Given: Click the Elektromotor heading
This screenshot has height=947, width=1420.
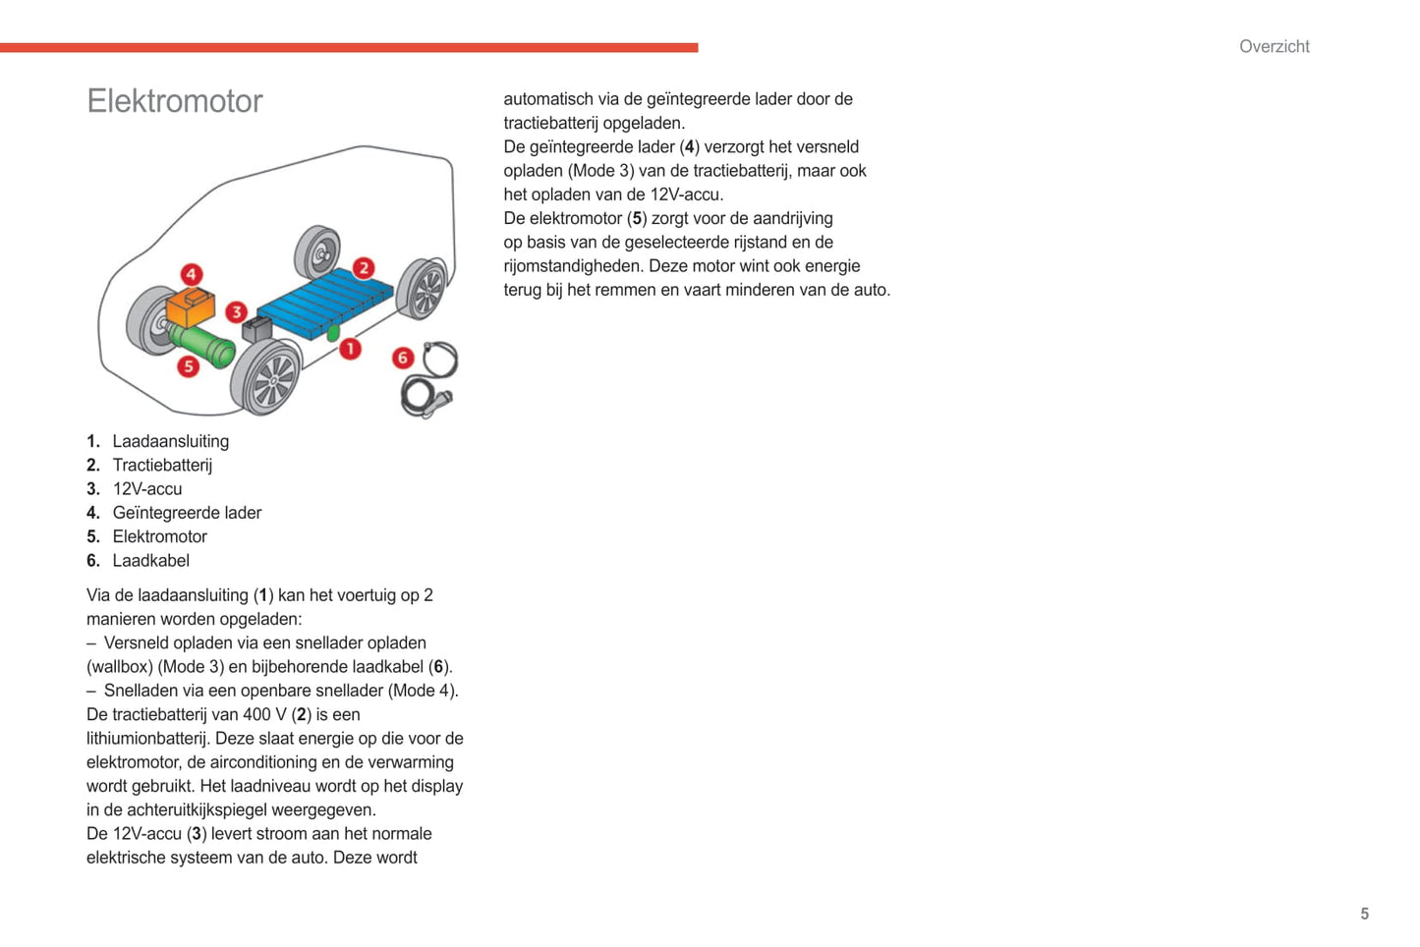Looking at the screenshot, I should pyautogui.click(x=175, y=101).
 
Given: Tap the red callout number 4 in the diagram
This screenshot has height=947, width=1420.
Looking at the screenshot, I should pyautogui.click(x=192, y=274).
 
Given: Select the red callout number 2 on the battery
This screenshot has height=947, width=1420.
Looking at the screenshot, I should pyautogui.click(x=364, y=267).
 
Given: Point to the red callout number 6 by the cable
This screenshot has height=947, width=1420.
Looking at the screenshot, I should pyautogui.click(x=402, y=358).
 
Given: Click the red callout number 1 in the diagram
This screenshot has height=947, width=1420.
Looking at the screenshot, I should pyautogui.click(x=350, y=349).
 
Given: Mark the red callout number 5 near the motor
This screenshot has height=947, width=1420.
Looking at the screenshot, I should pyautogui.click(x=188, y=366).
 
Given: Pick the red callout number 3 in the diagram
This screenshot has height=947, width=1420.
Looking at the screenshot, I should pyautogui.click(x=236, y=311).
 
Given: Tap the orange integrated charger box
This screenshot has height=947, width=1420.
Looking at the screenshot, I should pyautogui.click(x=190, y=307).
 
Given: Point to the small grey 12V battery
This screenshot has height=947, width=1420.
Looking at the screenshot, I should pyautogui.click(x=257, y=328).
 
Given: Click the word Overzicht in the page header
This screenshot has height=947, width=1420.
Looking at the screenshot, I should pyautogui.click(x=1274, y=46).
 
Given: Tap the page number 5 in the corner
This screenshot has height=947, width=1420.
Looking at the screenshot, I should pyautogui.click(x=1364, y=914).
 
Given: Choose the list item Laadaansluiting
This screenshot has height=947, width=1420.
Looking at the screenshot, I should pyautogui.click(x=170, y=441).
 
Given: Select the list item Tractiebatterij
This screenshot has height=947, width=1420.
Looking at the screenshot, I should pyautogui.click(x=162, y=465).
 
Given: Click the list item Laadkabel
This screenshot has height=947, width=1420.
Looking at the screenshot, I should pyautogui.click(x=150, y=560).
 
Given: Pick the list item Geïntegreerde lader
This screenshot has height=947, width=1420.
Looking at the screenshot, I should pyautogui.click(x=187, y=513).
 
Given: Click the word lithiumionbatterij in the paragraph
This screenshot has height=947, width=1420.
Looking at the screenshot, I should pyautogui.click(x=146, y=739).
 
